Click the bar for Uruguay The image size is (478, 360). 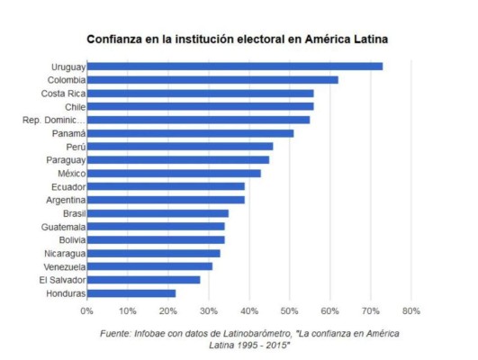click(x=234, y=66)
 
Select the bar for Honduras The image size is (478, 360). click(x=131, y=292)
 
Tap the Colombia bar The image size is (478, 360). click(x=212, y=79)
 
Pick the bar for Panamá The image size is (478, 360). click(x=190, y=132)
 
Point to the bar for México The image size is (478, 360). click(x=174, y=173)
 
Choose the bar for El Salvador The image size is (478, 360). click(x=143, y=279)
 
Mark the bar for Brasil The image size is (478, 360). click(x=158, y=213)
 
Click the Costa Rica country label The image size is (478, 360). click(x=63, y=93)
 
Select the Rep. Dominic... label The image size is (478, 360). click(x=54, y=120)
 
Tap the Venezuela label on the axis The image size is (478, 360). click(x=64, y=266)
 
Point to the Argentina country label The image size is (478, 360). click(x=64, y=200)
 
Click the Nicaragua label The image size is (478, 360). click(x=64, y=253)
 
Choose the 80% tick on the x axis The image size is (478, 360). click(x=410, y=311)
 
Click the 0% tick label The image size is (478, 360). click(x=87, y=311)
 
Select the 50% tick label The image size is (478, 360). click(x=289, y=311)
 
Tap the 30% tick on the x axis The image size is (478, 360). click(x=208, y=311)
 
